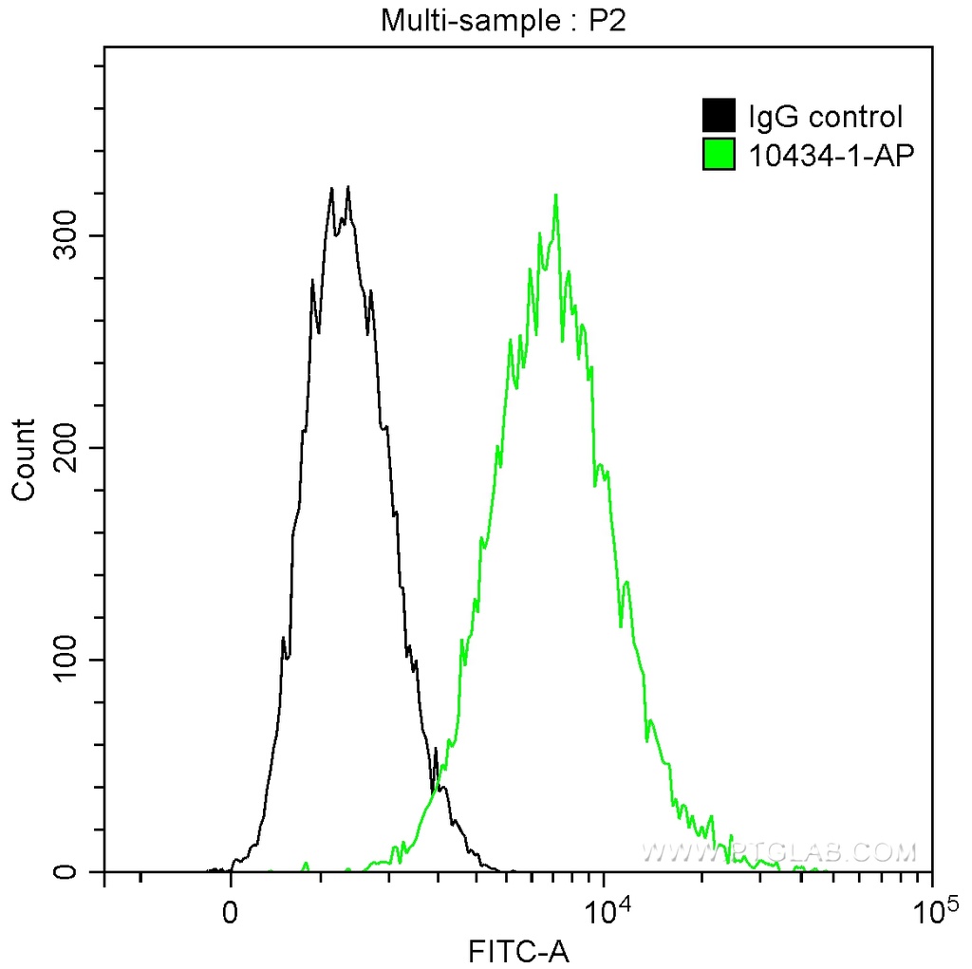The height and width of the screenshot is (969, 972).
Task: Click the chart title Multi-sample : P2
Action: (x=504, y=20)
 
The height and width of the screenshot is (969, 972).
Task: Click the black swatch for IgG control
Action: (x=719, y=117)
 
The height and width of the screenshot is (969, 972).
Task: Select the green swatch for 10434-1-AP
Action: (x=719, y=153)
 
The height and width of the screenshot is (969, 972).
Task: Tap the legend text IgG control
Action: (x=825, y=117)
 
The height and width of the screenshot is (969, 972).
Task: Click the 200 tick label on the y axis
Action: (x=66, y=447)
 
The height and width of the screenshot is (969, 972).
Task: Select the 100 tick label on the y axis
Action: (x=66, y=660)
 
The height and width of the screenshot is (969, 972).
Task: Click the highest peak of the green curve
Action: (x=555, y=196)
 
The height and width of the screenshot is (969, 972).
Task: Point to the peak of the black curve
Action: (x=348, y=187)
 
